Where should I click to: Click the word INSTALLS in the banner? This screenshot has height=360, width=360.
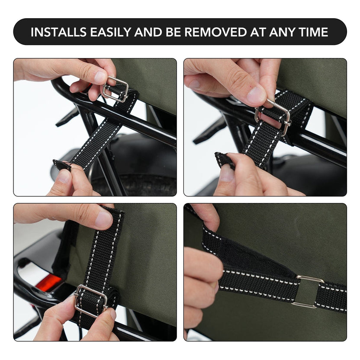[x=59, y=32]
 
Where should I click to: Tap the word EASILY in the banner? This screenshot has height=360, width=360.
[x=111, y=32]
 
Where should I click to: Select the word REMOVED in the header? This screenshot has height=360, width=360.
[x=215, y=32]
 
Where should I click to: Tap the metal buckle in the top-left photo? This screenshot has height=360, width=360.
[x=115, y=89]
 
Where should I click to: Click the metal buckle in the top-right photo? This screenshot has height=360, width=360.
[x=273, y=116]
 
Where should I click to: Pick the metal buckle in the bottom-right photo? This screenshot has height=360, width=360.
[x=307, y=291]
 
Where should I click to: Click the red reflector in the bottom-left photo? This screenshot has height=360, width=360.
[x=49, y=283]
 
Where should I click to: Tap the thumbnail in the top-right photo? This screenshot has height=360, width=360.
[x=256, y=95]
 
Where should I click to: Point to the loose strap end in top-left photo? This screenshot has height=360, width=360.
[x=62, y=165]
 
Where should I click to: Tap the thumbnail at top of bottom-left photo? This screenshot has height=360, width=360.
[x=104, y=219]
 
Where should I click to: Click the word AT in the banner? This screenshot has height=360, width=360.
[x=257, y=32]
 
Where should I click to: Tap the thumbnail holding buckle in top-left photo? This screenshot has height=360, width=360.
[x=100, y=77]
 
